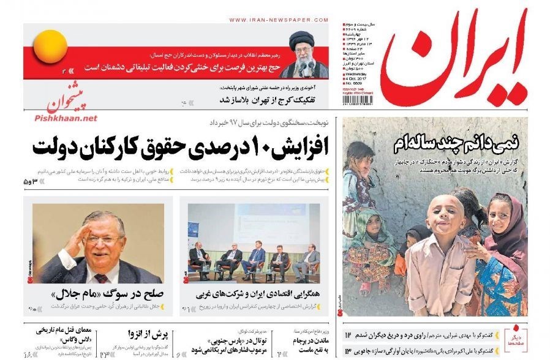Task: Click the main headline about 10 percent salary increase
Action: pyautogui.click(x=181, y=146)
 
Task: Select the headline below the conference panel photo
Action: pyautogui.click(x=257, y=293)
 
